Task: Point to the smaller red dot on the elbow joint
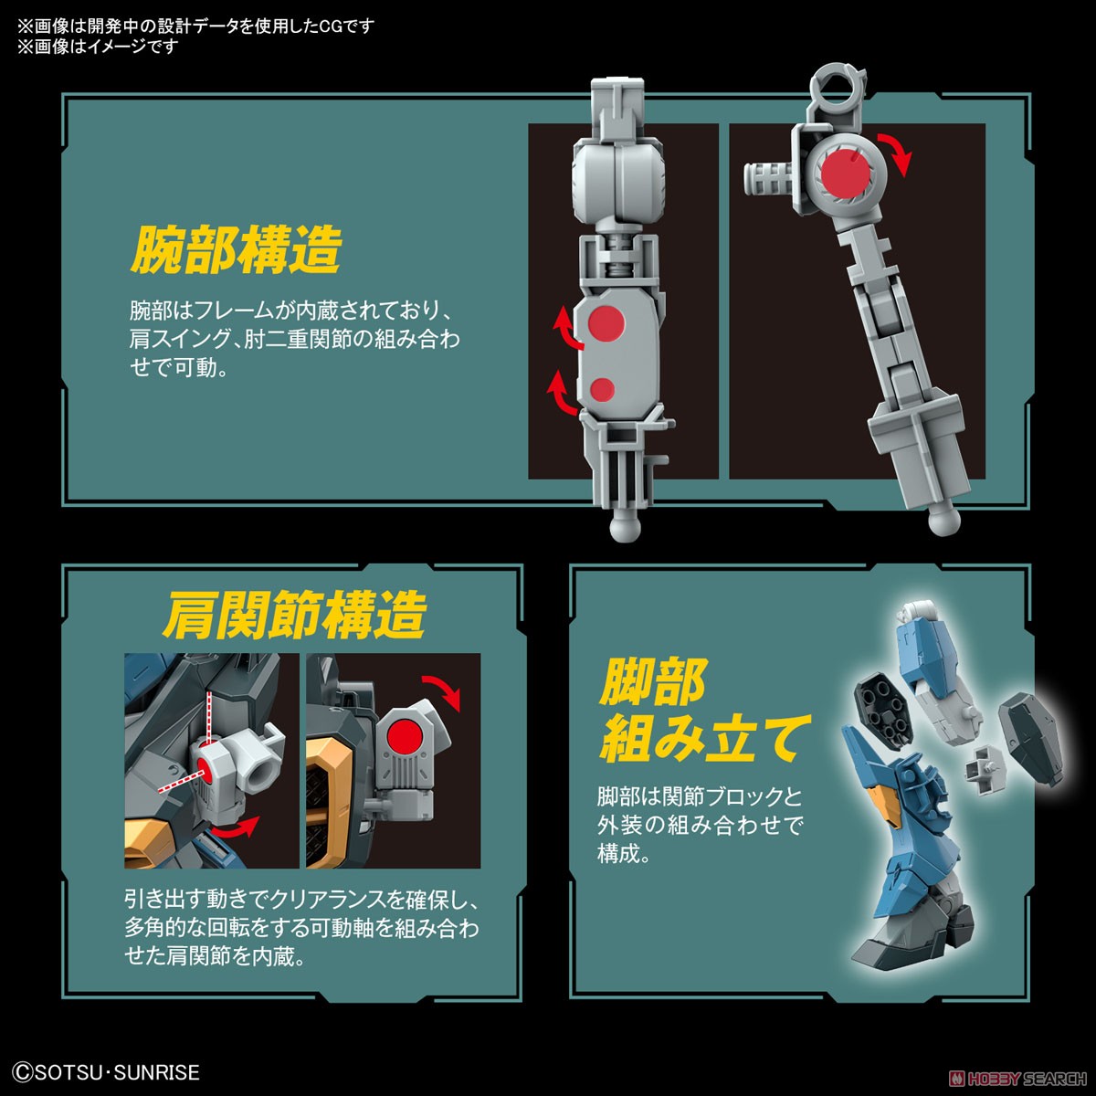[x=602, y=389]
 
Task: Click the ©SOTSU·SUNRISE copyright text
[x=107, y=1071]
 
